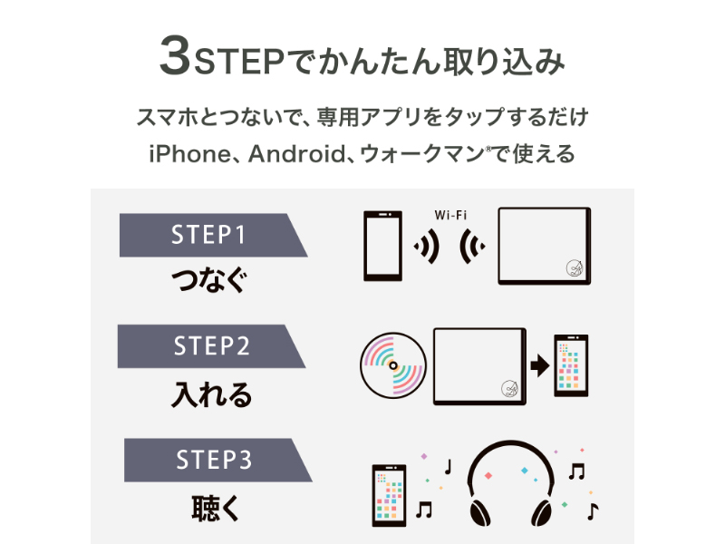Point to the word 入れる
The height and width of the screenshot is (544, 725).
(211, 394)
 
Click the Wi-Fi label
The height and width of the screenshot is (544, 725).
(450, 215)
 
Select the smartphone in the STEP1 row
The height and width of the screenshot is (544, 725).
(382, 247)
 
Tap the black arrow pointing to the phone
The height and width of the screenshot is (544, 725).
(539, 365)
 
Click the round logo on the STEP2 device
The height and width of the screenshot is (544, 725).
(508, 391)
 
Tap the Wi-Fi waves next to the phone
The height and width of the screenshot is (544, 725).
(422, 247)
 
